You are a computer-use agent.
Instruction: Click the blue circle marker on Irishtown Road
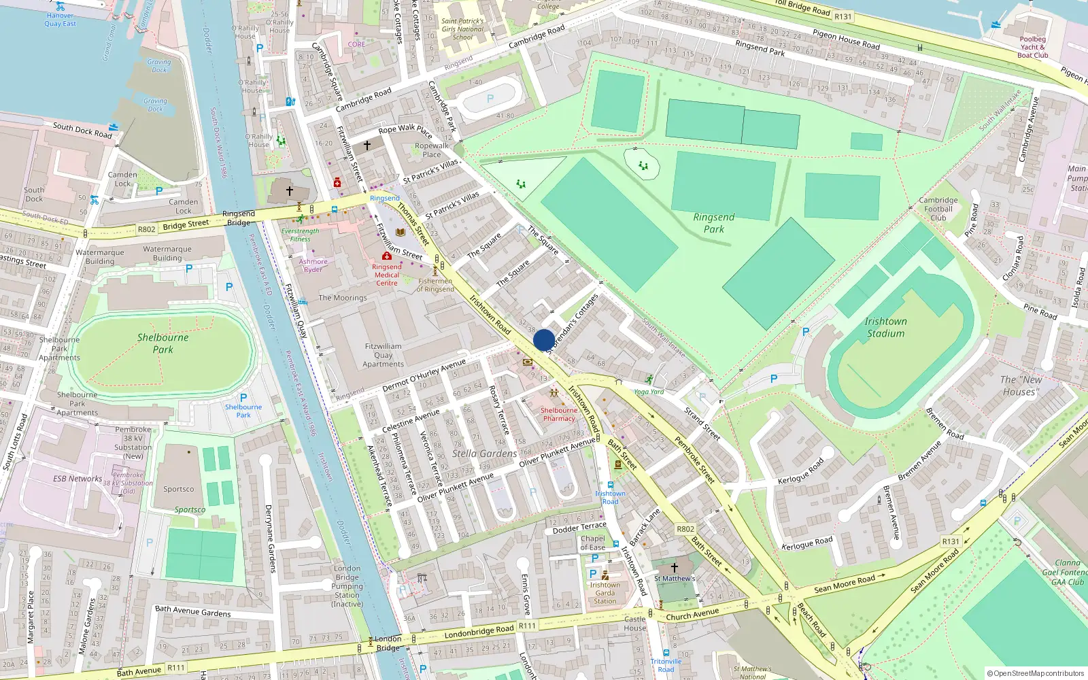tap(543, 340)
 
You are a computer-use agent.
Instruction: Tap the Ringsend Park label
tap(713, 223)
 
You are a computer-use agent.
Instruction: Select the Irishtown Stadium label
tap(885, 327)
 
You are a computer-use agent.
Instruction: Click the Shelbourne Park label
tap(163, 343)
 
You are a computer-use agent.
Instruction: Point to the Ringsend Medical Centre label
tap(387, 275)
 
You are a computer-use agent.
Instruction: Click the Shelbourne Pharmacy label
tap(559, 414)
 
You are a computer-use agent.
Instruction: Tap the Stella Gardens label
tap(484, 454)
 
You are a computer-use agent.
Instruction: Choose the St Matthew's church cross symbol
tap(674, 567)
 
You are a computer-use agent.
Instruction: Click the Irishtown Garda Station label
tap(605, 593)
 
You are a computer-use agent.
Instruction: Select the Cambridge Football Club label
tap(938, 209)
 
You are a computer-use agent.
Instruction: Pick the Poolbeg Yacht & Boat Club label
tap(1032, 47)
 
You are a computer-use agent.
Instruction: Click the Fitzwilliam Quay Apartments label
tap(383, 355)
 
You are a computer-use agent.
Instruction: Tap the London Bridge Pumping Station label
tap(347, 585)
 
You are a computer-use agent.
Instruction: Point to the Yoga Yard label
tap(649, 392)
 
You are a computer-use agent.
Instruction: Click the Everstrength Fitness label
tap(300, 235)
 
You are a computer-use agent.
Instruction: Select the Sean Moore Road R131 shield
tap(951, 541)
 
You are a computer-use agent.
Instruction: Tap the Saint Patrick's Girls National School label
tap(462, 29)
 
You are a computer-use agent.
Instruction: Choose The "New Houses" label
tap(1021, 386)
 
